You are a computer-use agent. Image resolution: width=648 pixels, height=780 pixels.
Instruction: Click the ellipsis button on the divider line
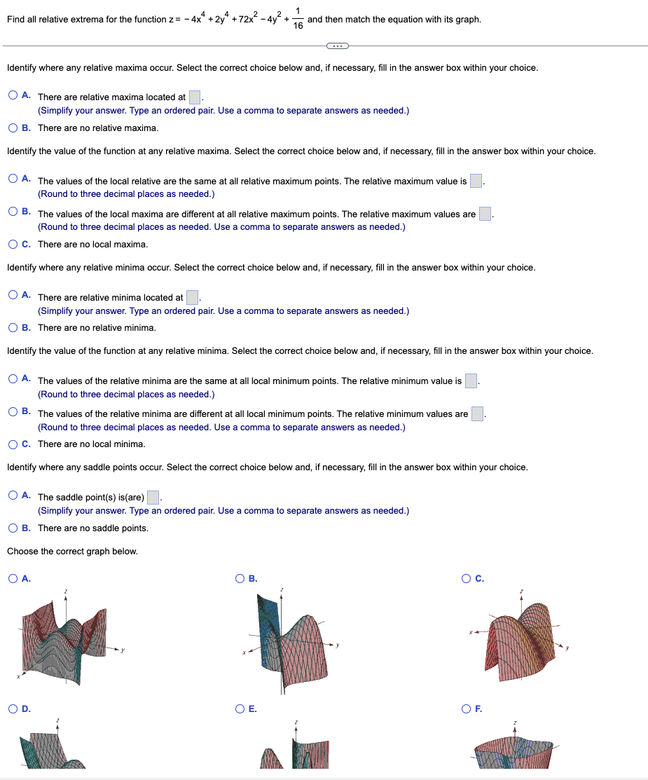click(337, 46)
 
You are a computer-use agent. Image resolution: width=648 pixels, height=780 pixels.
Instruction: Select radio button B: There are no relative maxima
click(13, 128)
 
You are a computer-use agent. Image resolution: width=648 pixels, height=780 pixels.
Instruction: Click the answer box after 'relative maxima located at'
click(195, 97)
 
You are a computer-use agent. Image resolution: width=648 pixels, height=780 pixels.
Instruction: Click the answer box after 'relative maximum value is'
click(476, 181)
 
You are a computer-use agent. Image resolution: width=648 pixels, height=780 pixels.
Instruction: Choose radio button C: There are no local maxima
click(13, 244)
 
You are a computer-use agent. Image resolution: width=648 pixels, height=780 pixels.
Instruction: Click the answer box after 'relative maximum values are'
click(485, 214)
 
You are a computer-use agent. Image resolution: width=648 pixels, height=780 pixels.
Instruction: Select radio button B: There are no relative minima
click(13, 327)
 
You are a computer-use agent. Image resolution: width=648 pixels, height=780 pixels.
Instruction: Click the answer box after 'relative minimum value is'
click(471, 381)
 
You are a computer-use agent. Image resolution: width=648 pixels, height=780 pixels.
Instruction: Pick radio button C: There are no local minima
click(13, 444)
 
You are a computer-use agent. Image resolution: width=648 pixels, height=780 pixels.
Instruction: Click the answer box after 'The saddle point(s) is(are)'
click(153, 497)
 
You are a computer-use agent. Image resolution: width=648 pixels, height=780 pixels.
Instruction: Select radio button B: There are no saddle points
click(13, 528)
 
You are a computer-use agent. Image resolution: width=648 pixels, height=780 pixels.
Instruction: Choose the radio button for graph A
click(13, 578)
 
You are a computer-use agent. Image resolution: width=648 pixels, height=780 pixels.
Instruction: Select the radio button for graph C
click(467, 578)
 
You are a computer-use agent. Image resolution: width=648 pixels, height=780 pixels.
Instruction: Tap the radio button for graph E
click(240, 709)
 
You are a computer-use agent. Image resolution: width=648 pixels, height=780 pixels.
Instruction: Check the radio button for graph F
click(467, 709)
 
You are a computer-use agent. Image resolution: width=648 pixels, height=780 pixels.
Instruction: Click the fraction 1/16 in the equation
click(298, 19)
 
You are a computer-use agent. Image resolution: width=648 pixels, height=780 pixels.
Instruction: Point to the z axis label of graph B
click(282, 590)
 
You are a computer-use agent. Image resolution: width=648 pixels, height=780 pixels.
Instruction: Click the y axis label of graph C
click(568, 648)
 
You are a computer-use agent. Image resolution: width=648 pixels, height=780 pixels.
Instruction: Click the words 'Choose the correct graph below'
click(72, 552)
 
